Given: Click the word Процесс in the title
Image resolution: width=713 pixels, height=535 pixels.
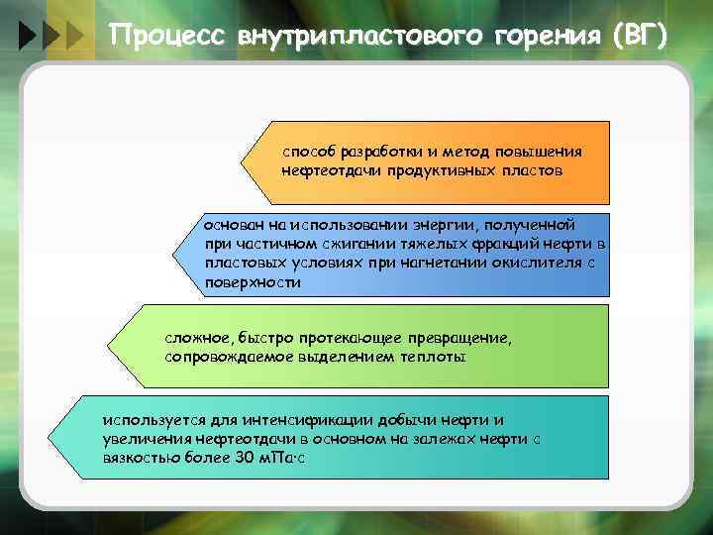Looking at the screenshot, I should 166,36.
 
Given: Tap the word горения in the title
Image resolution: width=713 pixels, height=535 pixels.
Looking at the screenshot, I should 544,36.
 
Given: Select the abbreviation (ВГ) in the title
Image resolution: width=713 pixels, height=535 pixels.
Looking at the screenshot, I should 640,36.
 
